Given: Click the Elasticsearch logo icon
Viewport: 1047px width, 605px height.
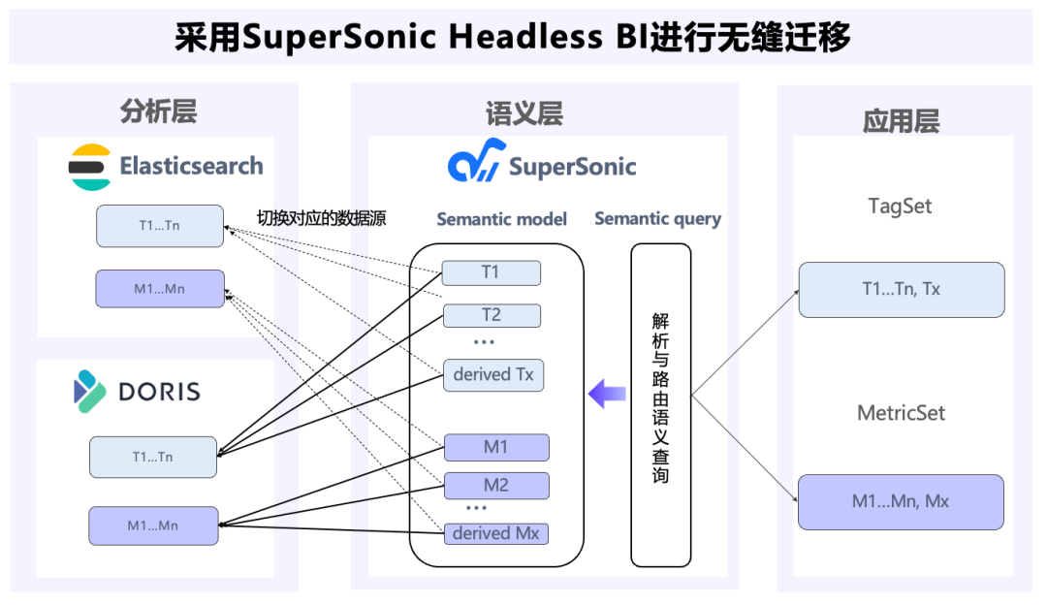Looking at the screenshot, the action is pyautogui.click(x=89, y=167).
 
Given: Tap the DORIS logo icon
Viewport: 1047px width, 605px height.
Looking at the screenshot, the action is pyautogui.click(x=90, y=392).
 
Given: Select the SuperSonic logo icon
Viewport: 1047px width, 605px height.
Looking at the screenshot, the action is pyautogui.click(x=476, y=160).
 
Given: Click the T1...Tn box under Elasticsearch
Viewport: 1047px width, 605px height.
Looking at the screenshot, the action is pyautogui.click(x=160, y=226).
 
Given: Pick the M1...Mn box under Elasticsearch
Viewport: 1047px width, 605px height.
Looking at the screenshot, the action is pyautogui.click(x=160, y=289).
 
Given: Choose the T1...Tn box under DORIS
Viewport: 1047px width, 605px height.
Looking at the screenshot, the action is pyautogui.click(x=153, y=457).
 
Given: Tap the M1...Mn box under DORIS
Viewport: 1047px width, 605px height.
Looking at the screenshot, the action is pyautogui.click(x=153, y=525).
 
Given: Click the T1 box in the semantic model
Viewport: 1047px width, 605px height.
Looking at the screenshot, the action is pyautogui.click(x=491, y=272).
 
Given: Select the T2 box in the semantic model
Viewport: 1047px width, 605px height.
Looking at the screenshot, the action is pyautogui.click(x=492, y=315).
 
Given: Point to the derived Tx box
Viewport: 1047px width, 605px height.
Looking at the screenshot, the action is pyautogui.click(x=493, y=374).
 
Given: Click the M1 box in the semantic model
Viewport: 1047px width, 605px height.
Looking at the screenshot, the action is pyautogui.click(x=496, y=447).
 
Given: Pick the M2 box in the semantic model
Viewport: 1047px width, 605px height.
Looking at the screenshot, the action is pyautogui.click(x=496, y=486).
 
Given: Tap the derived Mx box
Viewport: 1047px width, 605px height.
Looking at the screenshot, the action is pyautogui.click(x=496, y=533).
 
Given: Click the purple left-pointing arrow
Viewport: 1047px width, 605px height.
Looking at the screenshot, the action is pyautogui.click(x=607, y=394).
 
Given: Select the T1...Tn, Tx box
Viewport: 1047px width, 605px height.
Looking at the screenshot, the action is pyautogui.click(x=902, y=289).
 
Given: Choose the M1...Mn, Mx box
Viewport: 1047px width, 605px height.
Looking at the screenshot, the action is pyautogui.click(x=901, y=501).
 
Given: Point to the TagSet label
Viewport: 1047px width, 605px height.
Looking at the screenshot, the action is pyautogui.click(x=900, y=207).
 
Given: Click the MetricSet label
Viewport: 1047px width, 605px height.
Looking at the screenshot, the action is pyautogui.click(x=901, y=413).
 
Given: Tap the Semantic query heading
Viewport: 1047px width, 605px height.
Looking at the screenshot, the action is pyautogui.click(x=657, y=219).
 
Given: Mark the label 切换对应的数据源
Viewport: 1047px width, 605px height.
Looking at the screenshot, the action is pyautogui.click(x=321, y=218).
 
